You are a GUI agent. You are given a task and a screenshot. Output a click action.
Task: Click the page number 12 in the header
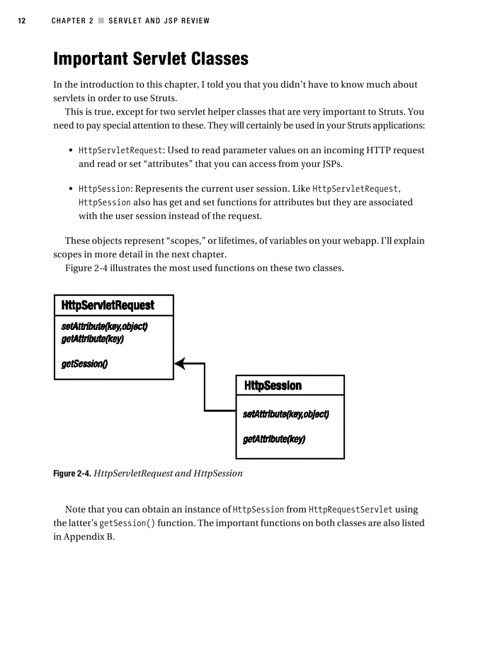[x=21, y=21]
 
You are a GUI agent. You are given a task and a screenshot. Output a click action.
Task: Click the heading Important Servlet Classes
[x=151, y=59]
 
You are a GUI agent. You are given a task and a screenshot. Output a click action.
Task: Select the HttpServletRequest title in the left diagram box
[x=108, y=305]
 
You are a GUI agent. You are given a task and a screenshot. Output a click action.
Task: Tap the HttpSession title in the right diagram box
[x=272, y=386]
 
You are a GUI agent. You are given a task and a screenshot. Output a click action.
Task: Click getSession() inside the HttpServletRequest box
[x=84, y=364]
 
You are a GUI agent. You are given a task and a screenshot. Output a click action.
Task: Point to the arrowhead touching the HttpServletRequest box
[x=179, y=363]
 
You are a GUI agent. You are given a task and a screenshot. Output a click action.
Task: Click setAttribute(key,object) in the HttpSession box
[x=285, y=415]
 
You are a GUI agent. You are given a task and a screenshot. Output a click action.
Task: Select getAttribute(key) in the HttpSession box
[x=274, y=439]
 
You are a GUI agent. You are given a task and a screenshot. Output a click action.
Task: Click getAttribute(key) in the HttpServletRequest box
[x=92, y=339]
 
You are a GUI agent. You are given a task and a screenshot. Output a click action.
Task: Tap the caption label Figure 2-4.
[x=72, y=474]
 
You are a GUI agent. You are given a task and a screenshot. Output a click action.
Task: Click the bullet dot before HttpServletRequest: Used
[x=71, y=151]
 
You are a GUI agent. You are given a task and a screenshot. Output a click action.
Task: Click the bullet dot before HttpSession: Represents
[x=71, y=190]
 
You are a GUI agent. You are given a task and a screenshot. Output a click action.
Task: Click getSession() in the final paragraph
[x=127, y=523]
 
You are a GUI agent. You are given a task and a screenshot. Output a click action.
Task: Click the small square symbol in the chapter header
[x=101, y=21]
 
